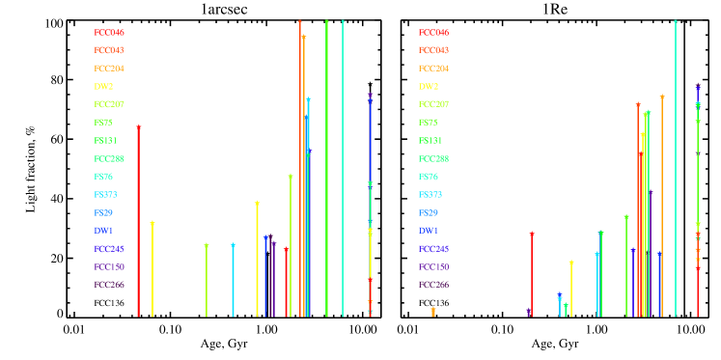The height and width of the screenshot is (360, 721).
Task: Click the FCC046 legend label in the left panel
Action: [108, 33]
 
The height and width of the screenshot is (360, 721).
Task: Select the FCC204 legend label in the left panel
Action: [108, 69]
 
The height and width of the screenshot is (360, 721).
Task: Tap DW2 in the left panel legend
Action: [103, 87]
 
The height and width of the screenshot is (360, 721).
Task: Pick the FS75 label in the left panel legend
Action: [102, 123]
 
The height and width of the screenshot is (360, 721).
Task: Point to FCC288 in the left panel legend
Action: [108, 158]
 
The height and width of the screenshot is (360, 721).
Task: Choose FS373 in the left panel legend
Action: [105, 195]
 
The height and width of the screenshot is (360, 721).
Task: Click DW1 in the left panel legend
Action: [103, 231]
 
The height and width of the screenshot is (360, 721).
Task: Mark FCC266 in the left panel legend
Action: [108, 285]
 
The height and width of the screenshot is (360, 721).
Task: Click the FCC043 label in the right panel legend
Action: [432, 50]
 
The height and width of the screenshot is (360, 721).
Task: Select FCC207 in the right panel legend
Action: [432, 104]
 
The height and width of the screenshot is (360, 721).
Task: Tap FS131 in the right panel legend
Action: [430, 141]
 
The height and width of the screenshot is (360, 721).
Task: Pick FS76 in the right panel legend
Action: [427, 177]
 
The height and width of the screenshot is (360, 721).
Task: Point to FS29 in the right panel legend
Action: [427, 212]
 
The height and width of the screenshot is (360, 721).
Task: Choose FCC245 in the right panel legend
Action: [432, 249]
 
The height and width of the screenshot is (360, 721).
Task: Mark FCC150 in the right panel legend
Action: [432, 266]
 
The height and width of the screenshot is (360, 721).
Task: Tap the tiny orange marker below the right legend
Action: [432, 311]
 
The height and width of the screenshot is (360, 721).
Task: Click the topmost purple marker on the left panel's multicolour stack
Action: [370, 96]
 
